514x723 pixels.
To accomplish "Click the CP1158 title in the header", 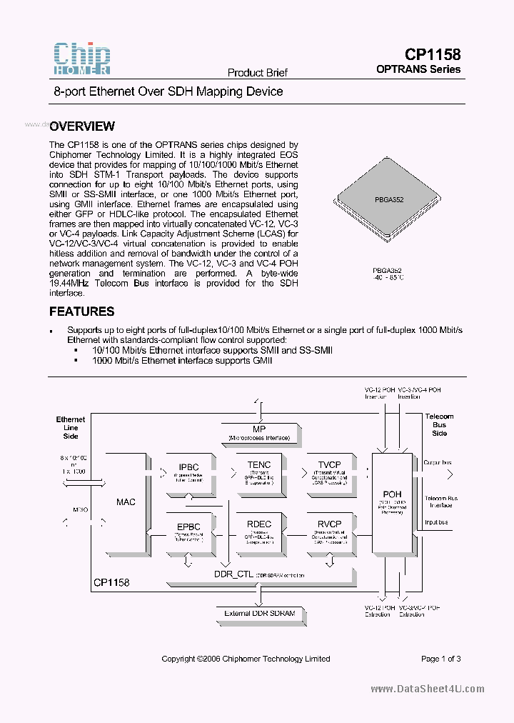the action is [433, 54].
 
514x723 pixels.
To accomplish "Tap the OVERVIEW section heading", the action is [82, 126].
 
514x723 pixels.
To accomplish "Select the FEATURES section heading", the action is [81, 311].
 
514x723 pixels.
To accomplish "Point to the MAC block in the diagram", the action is [126, 502].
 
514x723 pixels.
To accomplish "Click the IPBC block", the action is [188, 472].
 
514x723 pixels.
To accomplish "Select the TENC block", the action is [259, 472].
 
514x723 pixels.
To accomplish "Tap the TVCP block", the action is [329, 472].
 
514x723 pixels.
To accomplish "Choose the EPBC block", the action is [188, 530].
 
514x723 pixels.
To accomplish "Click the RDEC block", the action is [259, 530].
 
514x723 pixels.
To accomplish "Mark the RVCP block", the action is [329, 530].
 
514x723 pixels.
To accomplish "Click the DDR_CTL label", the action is [233, 574].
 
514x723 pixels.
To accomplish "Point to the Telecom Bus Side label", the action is [439, 424].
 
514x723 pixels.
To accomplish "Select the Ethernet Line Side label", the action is [71, 427].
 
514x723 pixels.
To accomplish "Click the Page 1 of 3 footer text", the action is [441, 659].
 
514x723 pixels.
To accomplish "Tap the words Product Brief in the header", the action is [257, 73].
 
